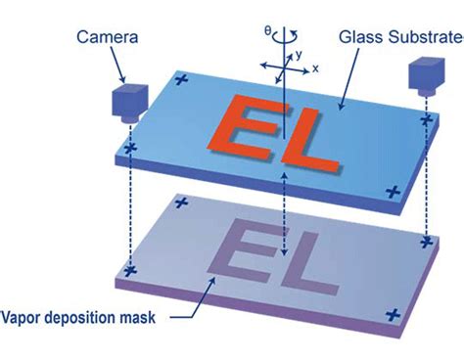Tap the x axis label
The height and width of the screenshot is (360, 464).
[x=316, y=69]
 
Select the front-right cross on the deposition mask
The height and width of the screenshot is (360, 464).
[x=393, y=315]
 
